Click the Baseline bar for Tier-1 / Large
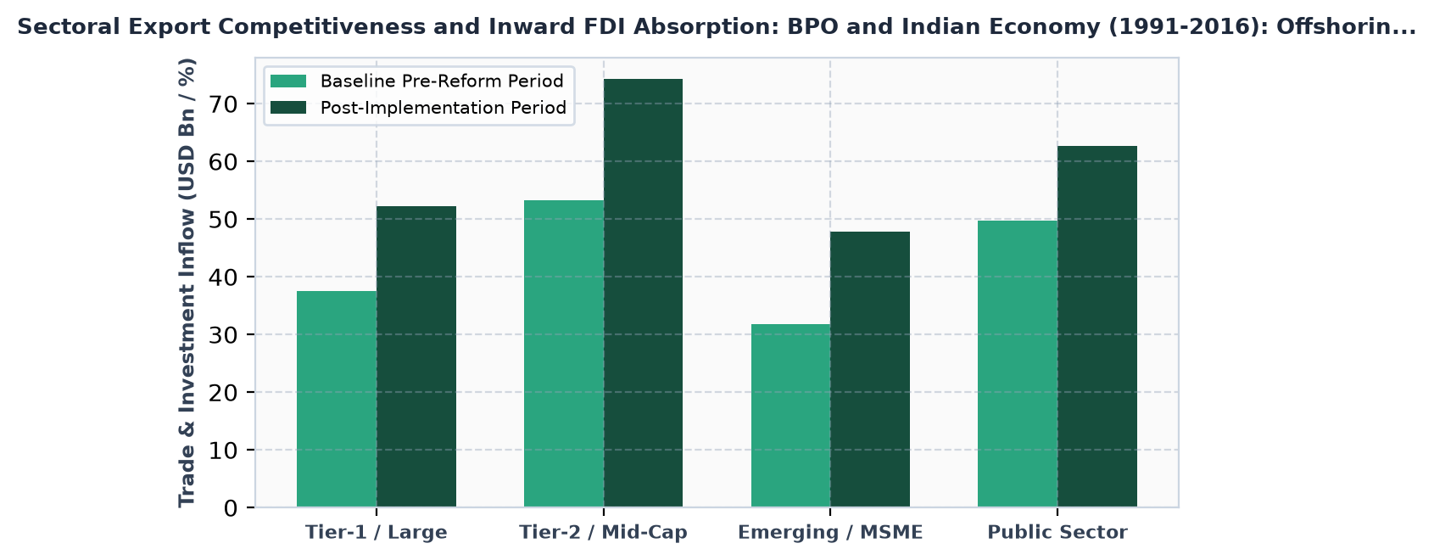(337, 399)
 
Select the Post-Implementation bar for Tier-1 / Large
(416, 357)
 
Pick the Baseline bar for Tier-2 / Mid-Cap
(564, 354)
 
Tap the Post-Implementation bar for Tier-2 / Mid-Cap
(644, 294)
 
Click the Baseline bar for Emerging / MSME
(790, 416)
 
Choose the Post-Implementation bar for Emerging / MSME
(870, 370)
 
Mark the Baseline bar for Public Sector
(1018, 364)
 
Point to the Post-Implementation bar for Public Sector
(1097, 327)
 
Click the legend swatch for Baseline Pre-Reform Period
(288, 81)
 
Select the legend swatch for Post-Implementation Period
(288, 108)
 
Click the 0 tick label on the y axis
(231, 509)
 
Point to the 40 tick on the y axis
(251, 277)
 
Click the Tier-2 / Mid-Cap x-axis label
(603, 533)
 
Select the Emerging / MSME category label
(830, 533)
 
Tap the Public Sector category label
(1057, 533)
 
